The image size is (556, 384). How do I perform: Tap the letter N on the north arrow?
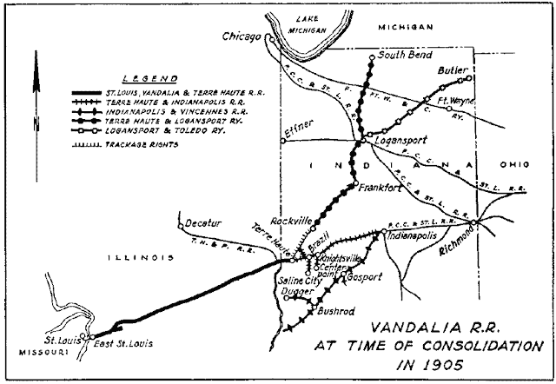[x=36, y=123]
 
